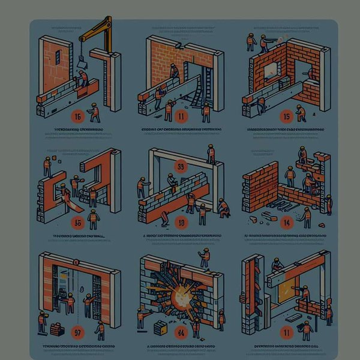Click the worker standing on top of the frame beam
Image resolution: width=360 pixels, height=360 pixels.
coord(211,154)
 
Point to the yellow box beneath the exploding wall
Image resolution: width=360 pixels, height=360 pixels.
coord(160,327)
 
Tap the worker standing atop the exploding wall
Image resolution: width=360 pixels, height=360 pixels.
coord(205,257)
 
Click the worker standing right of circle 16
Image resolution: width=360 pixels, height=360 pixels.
coord(94,112)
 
